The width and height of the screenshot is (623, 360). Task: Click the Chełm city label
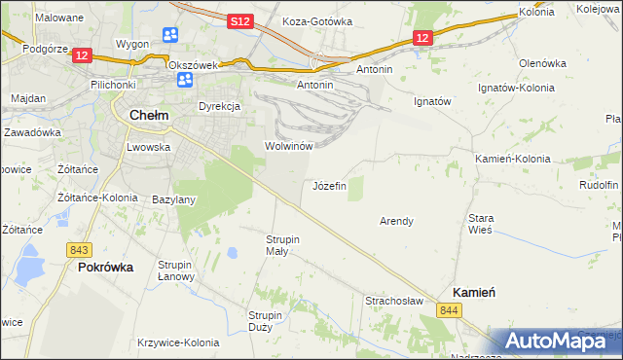[149, 115]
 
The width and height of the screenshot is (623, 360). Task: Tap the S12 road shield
[242, 20]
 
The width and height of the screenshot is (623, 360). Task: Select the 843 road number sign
[80, 250]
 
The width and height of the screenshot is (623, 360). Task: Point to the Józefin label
[329, 185]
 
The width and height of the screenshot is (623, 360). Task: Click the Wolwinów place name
[288, 146]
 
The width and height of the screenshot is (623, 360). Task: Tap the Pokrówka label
[105, 267]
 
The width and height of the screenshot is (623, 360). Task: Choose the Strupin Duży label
[265, 321]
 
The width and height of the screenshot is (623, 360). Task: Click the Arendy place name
[396, 221]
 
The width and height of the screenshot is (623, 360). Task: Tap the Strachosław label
[394, 301]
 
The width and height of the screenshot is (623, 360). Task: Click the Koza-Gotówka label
[315, 20]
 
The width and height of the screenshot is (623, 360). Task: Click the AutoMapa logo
[554, 341]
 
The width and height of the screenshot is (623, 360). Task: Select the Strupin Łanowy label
[177, 271]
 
